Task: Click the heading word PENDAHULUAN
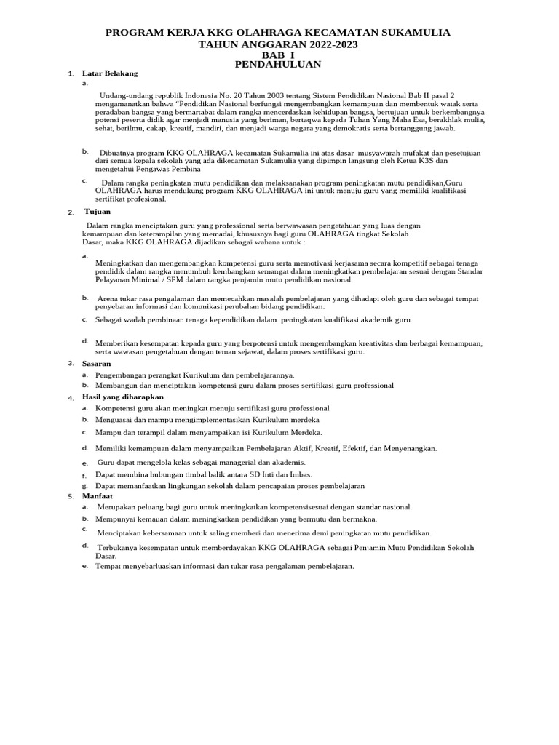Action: (x=279, y=65)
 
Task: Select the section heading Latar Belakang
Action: (x=110, y=74)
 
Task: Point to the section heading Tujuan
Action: (x=97, y=212)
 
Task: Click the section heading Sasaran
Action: (x=97, y=363)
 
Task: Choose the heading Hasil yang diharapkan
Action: (x=123, y=397)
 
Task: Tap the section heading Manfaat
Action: (x=98, y=496)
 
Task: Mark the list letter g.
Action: (x=85, y=485)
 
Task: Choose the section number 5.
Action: (x=71, y=497)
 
